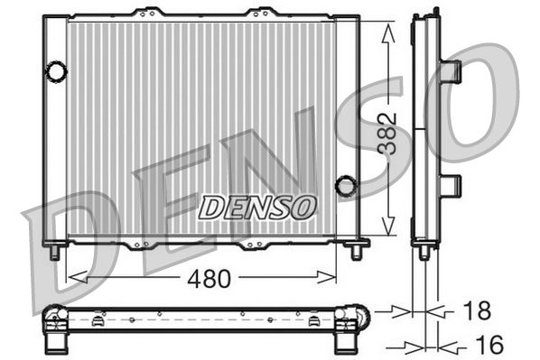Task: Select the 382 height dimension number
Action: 387,133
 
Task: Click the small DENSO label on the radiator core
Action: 257,207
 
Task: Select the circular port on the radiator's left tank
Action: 56,69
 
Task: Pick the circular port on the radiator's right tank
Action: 345,186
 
